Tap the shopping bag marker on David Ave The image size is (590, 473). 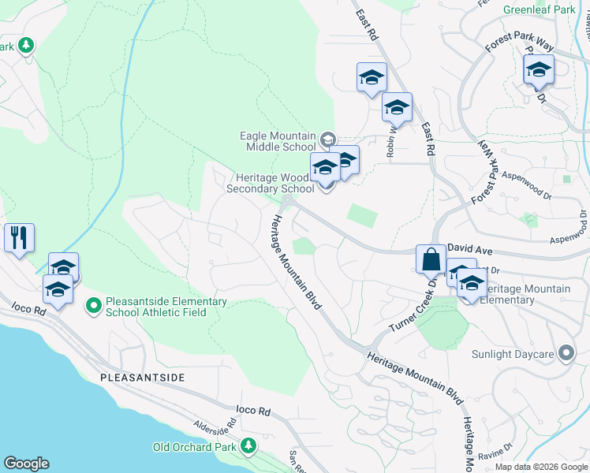[x=431, y=259]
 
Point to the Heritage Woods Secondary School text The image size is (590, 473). [x=270, y=183]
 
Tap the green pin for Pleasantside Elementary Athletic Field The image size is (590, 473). [x=94, y=304]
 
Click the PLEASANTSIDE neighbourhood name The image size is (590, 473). [x=143, y=378]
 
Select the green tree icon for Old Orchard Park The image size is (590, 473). [x=248, y=447]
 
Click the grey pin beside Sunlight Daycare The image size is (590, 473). [x=566, y=353]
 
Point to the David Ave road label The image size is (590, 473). [x=469, y=248]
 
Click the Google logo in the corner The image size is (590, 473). [x=27, y=464]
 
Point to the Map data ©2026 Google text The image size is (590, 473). [x=541, y=467]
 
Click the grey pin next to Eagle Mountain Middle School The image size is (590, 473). [x=327, y=140]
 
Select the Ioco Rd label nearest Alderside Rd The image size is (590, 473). [x=253, y=411]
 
